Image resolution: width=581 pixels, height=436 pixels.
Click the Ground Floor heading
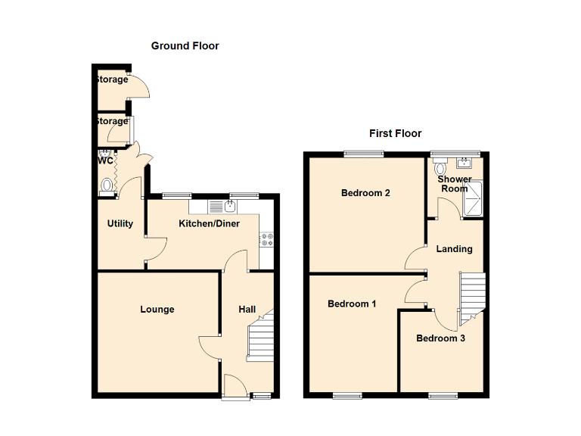tap(185, 46)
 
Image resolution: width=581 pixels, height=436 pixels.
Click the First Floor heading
tap(395, 133)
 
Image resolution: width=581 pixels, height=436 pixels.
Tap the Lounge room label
tap(157, 309)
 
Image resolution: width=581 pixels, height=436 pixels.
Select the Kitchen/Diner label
tap(209, 223)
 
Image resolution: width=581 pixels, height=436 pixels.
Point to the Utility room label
tap(120, 223)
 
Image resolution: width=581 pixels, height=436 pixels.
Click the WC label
tap(105, 160)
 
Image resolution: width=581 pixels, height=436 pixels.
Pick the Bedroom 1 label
tap(352, 304)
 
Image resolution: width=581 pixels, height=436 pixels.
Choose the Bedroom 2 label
tap(365, 192)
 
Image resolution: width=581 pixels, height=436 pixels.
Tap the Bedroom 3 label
tap(440, 338)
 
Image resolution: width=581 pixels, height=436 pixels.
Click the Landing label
tap(455, 248)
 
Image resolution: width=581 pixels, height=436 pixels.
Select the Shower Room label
tap(455, 184)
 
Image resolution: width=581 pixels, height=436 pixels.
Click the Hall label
tap(247, 309)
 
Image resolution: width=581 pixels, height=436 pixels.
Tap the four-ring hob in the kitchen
tap(266, 240)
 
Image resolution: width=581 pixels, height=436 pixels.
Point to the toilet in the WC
tap(107, 184)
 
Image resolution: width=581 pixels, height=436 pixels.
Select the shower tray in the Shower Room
tap(476, 198)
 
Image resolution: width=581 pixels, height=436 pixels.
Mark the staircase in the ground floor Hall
tap(260, 338)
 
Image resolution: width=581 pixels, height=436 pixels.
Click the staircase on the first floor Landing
tap(471, 293)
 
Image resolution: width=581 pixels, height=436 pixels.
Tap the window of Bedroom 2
tap(363, 154)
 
